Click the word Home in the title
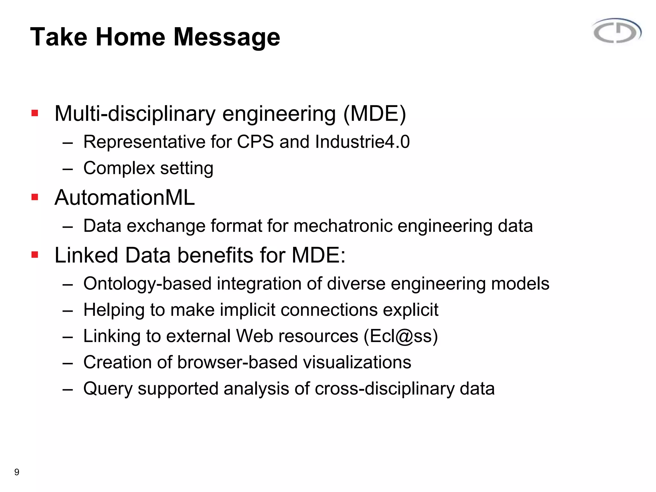131,37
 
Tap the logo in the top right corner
617,31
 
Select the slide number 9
17,472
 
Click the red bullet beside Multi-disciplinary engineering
35,113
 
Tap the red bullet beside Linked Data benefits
35,255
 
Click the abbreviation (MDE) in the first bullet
374,114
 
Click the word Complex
119,168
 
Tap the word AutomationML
125,197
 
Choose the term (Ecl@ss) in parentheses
401,336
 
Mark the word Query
108,389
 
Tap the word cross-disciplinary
384,389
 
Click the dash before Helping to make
68,310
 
